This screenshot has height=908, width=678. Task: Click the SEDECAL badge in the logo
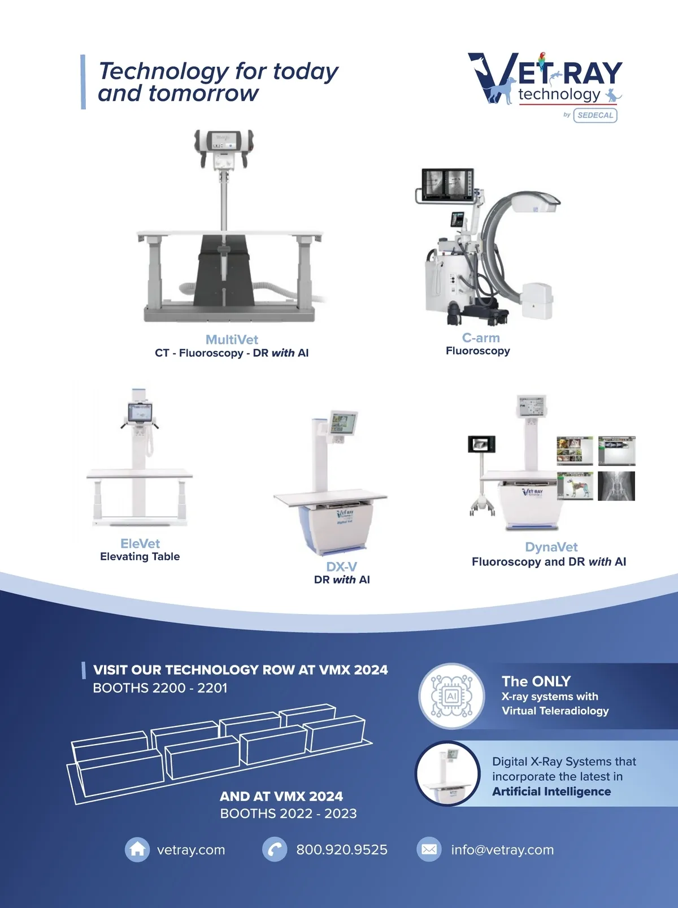click(x=596, y=115)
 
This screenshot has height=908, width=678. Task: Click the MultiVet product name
click(x=232, y=339)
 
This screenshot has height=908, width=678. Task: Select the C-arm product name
click(x=481, y=338)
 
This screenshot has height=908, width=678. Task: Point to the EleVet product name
click(x=140, y=543)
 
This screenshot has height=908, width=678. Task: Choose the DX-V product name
click(x=341, y=567)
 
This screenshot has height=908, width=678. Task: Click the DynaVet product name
click(x=551, y=547)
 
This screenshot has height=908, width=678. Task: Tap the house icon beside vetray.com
click(x=137, y=849)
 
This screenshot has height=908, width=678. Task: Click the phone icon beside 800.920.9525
click(x=275, y=849)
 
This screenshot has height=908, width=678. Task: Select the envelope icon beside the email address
click(x=429, y=849)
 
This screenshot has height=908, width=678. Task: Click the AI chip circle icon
click(x=451, y=696)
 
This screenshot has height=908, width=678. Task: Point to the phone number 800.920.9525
click(x=342, y=850)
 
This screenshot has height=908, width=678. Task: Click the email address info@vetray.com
click(x=502, y=850)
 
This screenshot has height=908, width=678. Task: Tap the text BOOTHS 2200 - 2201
click(x=160, y=688)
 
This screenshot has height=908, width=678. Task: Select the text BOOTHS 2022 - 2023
click(x=288, y=813)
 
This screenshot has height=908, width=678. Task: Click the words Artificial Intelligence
click(x=551, y=792)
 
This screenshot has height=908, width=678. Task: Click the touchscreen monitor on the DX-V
click(x=343, y=423)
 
